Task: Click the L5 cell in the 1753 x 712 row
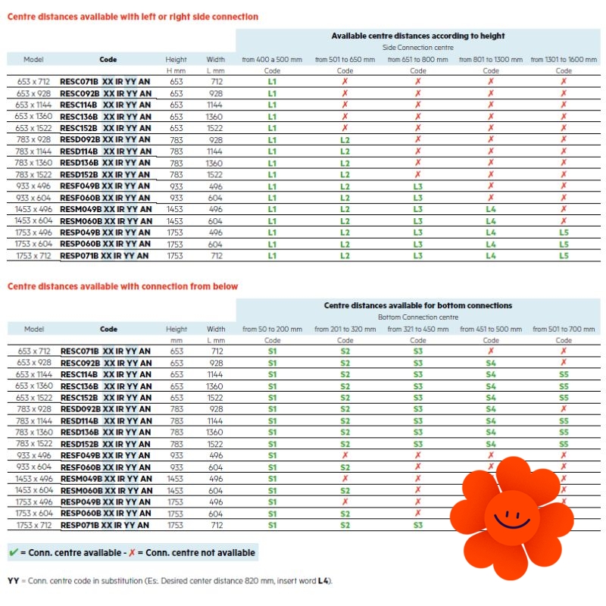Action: (563, 256)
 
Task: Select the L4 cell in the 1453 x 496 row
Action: (490, 209)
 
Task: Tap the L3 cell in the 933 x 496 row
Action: (417, 186)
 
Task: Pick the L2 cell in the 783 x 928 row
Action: (345, 140)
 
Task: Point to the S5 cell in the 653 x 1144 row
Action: (564, 375)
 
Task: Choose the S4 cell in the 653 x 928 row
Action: (491, 363)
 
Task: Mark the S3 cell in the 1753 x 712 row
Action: (418, 525)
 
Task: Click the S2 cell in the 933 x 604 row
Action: (345, 467)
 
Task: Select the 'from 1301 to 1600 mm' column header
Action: (564, 59)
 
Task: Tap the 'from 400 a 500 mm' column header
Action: (272, 59)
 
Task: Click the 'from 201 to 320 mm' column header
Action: (345, 330)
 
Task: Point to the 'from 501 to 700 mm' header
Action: (564, 330)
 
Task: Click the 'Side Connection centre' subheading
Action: (418, 47)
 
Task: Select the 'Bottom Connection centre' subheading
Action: (418, 317)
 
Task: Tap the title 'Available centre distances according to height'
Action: (418, 36)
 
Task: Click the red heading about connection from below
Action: (123, 286)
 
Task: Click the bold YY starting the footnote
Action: (13, 581)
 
